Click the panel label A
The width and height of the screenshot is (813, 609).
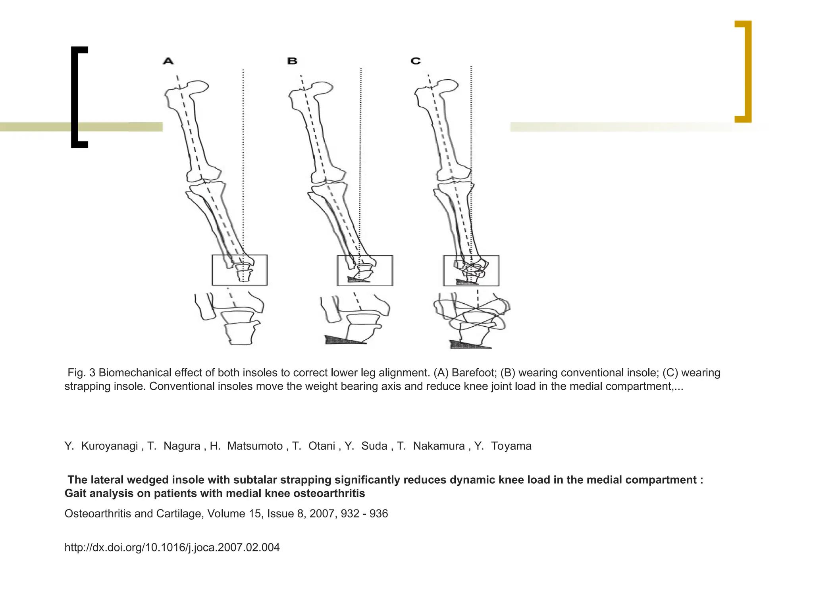click(x=168, y=61)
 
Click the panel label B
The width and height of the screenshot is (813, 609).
click(x=293, y=61)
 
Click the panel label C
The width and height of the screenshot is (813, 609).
click(x=416, y=61)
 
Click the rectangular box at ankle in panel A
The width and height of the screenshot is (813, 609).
click(x=239, y=270)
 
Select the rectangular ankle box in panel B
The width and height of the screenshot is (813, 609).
click(x=365, y=270)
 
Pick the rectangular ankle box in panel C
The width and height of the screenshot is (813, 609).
click(x=471, y=270)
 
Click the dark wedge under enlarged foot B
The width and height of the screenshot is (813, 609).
click(x=341, y=340)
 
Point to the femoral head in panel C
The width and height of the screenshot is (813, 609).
click(x=449, y=85)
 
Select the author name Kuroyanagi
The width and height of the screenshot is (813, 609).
click(x=110, y=446)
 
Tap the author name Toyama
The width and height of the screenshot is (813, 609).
click(x=511, y=446)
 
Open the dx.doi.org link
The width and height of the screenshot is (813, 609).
click(x=172, y=548)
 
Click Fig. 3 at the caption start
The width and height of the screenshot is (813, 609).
click(x=81, y=373)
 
